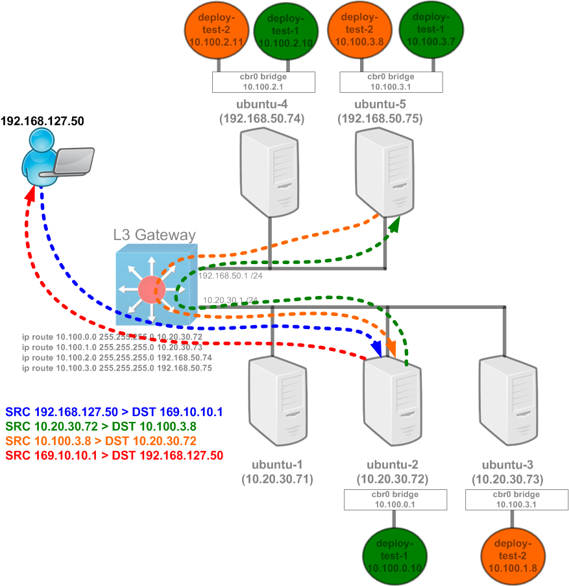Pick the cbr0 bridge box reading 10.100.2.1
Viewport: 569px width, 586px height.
click(263, 82)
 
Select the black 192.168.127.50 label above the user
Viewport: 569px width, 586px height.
click(43, 121)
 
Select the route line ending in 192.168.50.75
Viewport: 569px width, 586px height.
click(117, 368)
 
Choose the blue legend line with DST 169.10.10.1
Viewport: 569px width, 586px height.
click(114, 412)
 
